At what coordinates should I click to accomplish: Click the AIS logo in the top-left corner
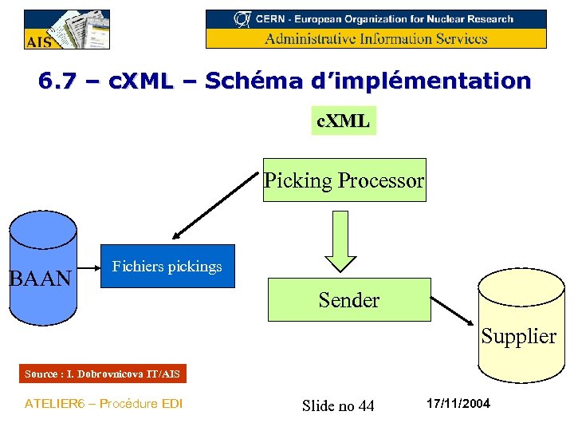click(66, 30)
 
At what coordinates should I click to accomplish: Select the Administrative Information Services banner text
click(375, 38)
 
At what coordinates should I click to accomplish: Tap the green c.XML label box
click(343, 121)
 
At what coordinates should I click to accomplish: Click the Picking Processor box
click(344, 180)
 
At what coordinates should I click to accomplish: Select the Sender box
click(348, 300)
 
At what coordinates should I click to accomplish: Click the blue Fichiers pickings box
click(167, 266)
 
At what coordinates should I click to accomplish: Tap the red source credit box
click(102, 374)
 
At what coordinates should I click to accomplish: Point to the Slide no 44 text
click(338, 406)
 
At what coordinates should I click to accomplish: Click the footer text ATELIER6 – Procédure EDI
click(104, 404)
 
